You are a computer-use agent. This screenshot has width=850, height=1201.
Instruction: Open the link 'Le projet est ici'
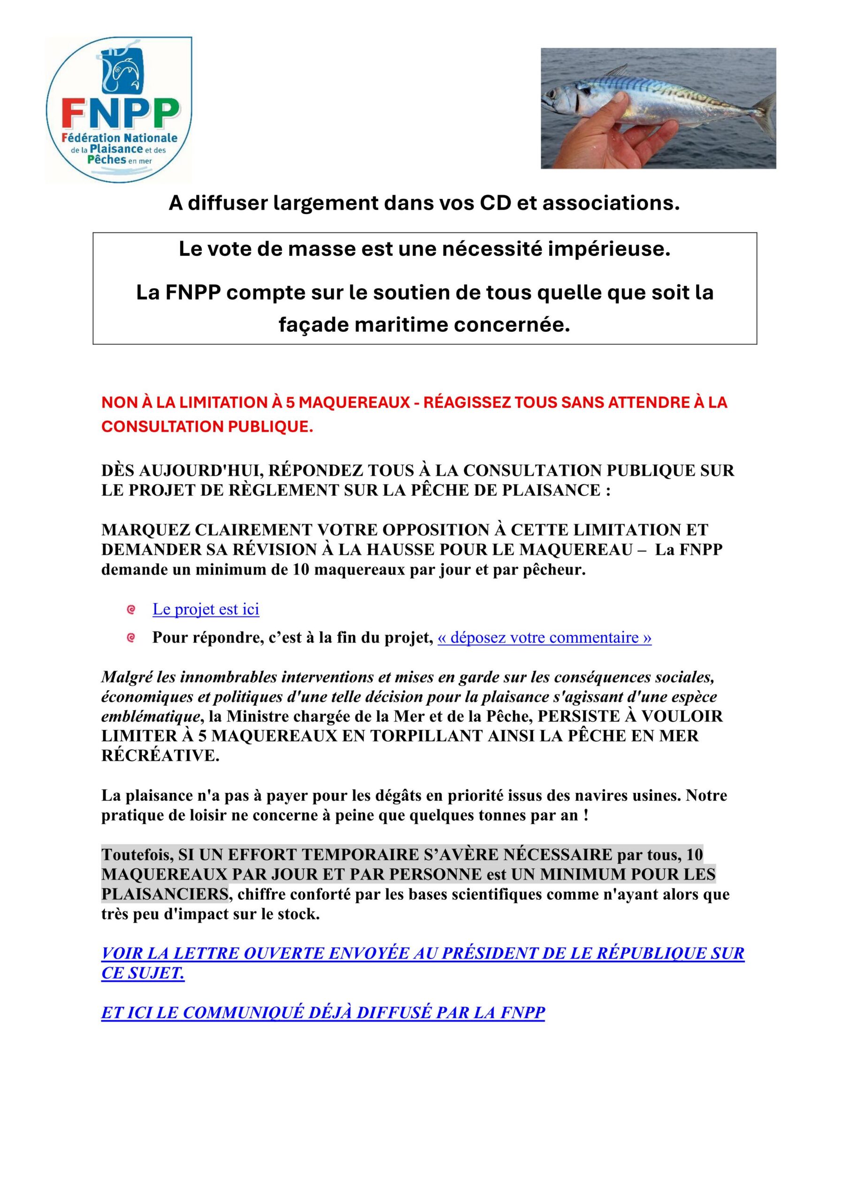coord(206,609)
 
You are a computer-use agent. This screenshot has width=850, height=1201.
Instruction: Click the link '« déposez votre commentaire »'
coord(544,638)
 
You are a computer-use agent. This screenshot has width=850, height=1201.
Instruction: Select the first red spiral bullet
coord(131,609)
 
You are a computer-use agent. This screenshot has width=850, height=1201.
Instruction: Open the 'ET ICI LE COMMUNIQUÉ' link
coord(323,1013)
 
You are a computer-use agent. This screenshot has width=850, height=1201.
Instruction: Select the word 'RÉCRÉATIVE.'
coord(160,756)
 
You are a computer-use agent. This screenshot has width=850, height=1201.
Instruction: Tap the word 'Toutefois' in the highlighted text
coord(137,855)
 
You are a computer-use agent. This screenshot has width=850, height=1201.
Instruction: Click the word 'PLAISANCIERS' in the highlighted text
coord(165,895)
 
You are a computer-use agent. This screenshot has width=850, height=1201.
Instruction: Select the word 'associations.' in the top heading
coord(611,203)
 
